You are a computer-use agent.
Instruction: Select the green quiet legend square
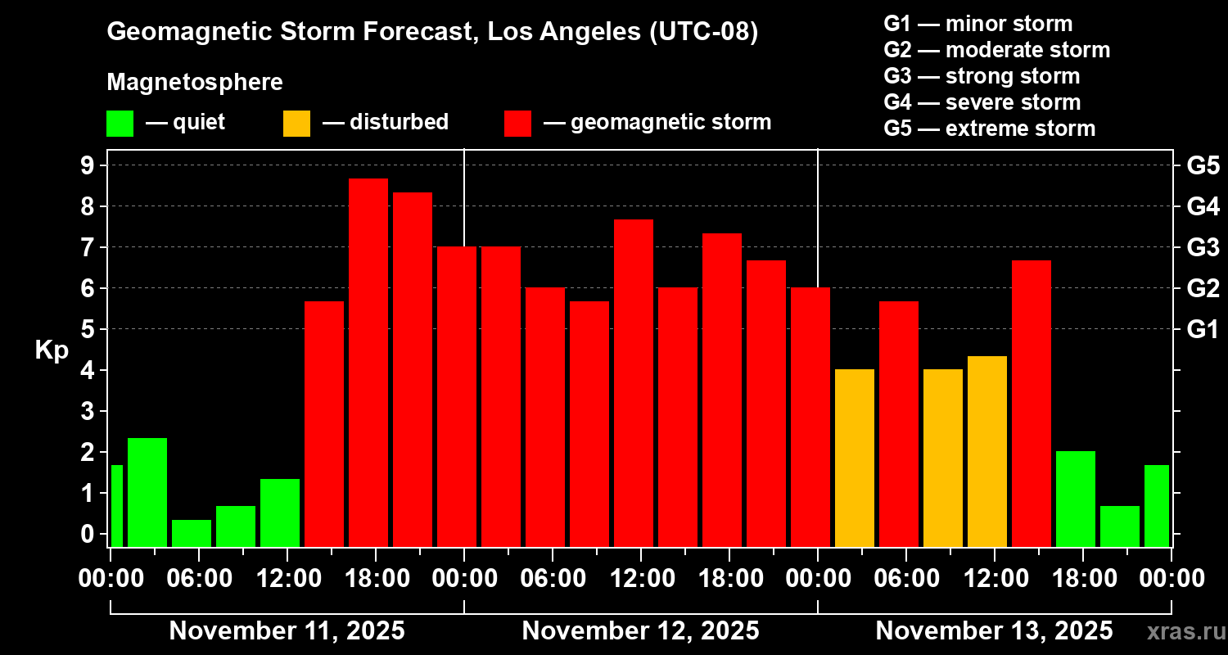pyautogui.click(x=120, y=124)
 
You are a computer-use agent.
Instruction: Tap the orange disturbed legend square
pyautogui.click(x=296, y=124)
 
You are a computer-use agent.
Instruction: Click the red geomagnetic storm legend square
pyautogui.click(x=517, y=124)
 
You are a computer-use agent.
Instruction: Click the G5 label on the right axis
pyautogui.click(x=1203, y=165)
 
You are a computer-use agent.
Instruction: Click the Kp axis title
pyautogui.click(x=52, y=350)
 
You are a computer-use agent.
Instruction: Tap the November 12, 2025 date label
pyautogui.click(x=640, y=631)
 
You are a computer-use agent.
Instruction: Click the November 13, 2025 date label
pyautogui.click(x=994, y=631)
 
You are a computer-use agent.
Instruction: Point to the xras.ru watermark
pyautogui.click(x=1185, y=632)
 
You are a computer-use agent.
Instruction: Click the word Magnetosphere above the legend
pyautogui.click(x=195, y=83)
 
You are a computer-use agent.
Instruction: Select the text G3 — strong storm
pyautogui.click(x=982, y=76)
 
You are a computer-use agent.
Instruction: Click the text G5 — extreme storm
pyautogui.click(x=989, y=129)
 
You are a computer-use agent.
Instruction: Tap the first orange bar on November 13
pyautogui.click(x=854, y=458)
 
